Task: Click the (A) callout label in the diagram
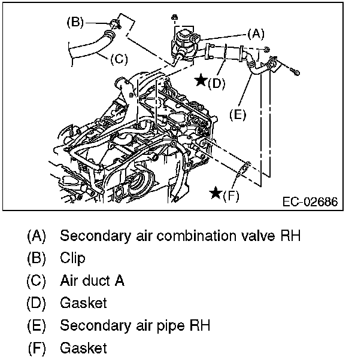[x=256, y=35]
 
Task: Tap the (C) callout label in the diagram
[x=119, y=59]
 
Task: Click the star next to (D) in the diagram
[x=202, y=80]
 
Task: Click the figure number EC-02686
[x=310, y=202]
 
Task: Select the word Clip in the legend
[x=72, y=258]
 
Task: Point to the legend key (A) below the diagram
[x=36, y=236]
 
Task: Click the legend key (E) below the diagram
[x=36, y=325]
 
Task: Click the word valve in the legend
[x=261, y=236]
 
